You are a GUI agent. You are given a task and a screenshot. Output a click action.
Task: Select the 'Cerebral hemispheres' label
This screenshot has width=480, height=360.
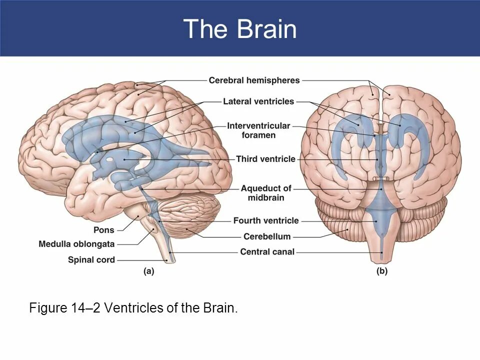254,80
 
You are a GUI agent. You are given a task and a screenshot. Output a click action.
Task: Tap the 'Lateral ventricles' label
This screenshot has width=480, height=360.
258,101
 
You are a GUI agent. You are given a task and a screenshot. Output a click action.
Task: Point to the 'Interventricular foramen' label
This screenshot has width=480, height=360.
258,130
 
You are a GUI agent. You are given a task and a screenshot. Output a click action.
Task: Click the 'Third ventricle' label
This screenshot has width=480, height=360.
265,159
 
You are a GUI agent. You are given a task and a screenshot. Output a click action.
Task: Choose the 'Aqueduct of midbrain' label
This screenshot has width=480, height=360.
265,193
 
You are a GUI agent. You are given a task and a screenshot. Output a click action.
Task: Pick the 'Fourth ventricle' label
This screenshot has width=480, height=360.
265,220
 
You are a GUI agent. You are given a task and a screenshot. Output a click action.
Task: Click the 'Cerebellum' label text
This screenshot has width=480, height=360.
266,236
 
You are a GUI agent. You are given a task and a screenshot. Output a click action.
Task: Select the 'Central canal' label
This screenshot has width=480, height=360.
267,252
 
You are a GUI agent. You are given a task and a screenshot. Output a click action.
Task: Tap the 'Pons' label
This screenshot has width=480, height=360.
104,230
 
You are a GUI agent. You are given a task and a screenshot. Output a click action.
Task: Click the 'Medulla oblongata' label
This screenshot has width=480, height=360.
76,244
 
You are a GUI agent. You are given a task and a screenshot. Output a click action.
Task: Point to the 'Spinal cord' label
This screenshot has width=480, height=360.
91,259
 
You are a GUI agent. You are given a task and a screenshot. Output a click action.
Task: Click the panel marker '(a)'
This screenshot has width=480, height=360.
148,271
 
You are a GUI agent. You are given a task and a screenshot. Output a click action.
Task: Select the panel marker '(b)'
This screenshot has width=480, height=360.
381,271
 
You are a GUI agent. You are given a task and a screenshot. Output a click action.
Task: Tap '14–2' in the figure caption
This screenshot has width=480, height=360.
86,307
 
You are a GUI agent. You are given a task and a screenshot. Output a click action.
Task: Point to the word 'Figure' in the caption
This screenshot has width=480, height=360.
48,307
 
